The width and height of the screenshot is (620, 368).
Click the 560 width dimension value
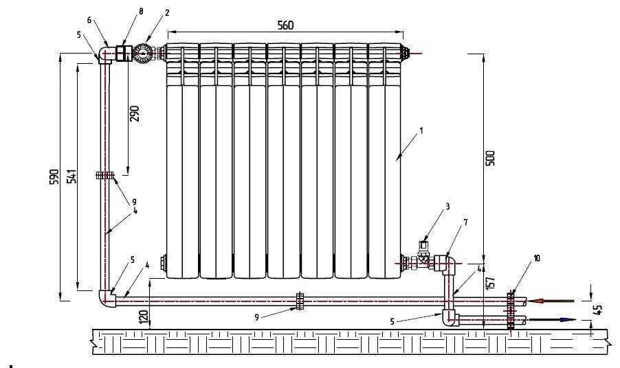[285, 25]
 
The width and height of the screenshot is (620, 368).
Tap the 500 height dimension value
[490, 158]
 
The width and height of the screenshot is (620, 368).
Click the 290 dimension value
[135, 113]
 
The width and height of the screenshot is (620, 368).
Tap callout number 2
[166, 13]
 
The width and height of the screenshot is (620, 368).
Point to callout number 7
[465, 222]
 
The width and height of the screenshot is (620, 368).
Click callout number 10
[537, 258]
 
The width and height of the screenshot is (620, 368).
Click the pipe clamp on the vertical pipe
[104, 175]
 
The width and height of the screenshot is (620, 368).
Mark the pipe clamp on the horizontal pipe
[299, 300]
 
